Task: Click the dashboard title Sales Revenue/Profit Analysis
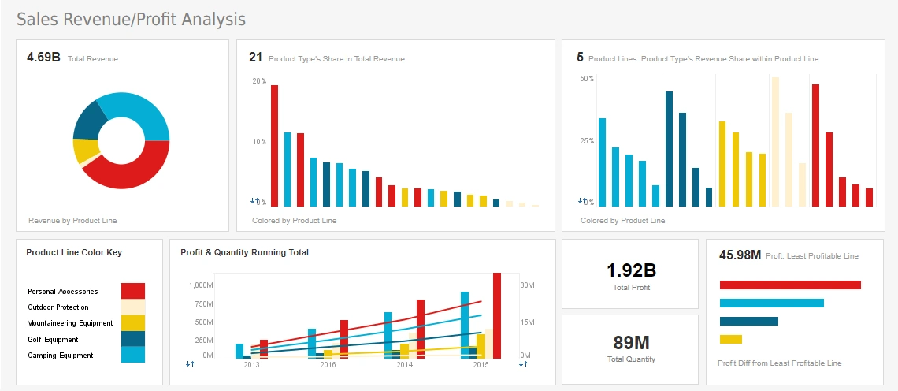(x=131, y=19)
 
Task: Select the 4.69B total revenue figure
(x=43, y=58)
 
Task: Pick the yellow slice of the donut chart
(x=83, y=150)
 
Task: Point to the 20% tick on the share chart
(x=259, y=81)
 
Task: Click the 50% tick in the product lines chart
(x=586, y=79)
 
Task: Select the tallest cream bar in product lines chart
(x=775, y=142)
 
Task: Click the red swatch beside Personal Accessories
(x=132, y=291)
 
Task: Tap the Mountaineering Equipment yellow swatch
(x=132, y=323)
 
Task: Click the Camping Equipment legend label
(x=61, y=356)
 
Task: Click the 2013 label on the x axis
(x=251, y=365)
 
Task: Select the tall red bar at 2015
(x=497, y=315)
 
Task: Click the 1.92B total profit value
(x=631, y=270)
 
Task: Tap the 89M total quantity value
(x=631, y=343)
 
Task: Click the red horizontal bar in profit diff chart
(x=790, y=285)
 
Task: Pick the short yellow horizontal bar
(x=731, y=339)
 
